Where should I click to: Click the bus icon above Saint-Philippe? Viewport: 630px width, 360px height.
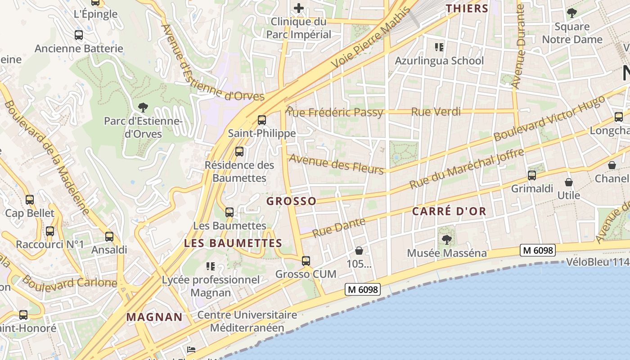[x=261, y=120]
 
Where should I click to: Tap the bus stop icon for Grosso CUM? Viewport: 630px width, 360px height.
[x=306, y=261]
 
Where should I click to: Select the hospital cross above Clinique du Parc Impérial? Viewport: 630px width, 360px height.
[x=299, y=8]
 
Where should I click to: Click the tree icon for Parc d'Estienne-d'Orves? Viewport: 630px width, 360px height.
[x=143, y=108]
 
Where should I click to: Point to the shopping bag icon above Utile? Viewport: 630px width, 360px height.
[x=569, y=182]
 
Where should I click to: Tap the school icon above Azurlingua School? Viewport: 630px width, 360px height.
[x=439, y=47]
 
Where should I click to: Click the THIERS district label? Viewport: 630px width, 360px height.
[x=467, y=8]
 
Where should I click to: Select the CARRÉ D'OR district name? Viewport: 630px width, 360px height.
[x=449, y=211]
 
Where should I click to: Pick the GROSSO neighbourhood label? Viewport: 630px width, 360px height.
[x=292, y=201]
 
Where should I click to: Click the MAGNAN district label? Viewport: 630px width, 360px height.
[x=154, y=317]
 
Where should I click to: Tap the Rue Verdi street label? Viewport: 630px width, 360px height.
[x=436, y=112]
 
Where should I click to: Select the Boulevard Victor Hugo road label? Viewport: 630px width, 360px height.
[x=549, y=119]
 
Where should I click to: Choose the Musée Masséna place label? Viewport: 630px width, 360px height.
[x=446, y=253]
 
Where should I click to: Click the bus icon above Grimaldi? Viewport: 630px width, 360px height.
[x=532, y=175]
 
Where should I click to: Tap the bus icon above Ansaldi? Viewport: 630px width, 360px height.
[x=109, y=237]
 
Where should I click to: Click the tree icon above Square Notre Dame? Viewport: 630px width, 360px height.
[x=572, y=13]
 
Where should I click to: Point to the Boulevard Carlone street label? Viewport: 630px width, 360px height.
[x=69, y=283]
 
